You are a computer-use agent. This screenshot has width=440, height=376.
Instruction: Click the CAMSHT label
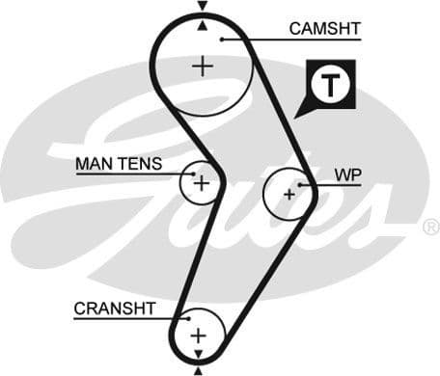coord(324,29)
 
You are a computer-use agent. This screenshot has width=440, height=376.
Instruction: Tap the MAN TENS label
coord(119,164)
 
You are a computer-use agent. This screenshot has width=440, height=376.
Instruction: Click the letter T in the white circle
coord(331,85)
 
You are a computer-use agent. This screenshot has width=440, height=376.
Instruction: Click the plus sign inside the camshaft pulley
coord(202,66)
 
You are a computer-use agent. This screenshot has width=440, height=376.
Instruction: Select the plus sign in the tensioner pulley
coord(201,181)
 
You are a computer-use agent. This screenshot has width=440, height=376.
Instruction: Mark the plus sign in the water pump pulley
coord(288,193)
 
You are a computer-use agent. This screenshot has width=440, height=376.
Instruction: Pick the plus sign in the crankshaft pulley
coord(198,335)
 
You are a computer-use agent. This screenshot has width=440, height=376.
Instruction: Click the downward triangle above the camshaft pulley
coord(202,7)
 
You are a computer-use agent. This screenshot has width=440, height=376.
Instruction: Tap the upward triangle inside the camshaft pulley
coord(202,26)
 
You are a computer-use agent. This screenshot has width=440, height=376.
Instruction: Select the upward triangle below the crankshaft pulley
coord(199,369)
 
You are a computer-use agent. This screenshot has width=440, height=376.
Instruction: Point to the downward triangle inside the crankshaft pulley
coord(199,353)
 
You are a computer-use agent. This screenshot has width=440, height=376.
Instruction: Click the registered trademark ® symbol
coord(430,228)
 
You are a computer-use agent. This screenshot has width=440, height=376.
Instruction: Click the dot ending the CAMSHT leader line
coord(222,39)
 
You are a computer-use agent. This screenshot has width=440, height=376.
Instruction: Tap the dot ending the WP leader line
coord(302,183)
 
